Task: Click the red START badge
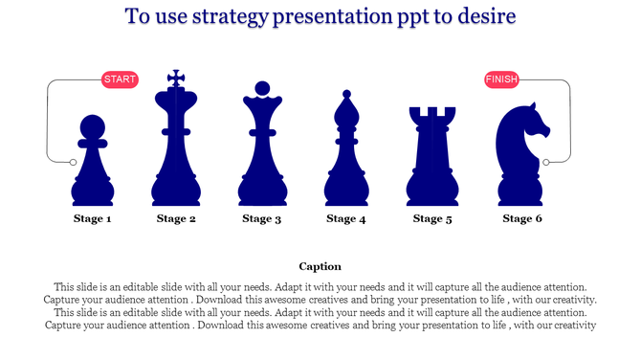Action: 120,79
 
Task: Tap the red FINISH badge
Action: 501,79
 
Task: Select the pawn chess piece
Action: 93,168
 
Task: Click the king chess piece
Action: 175,148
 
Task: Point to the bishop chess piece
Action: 345,158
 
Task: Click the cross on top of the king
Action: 175,78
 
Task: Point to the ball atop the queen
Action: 260,89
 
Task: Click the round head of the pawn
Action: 92,126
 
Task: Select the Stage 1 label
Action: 93,219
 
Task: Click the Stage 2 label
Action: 176,219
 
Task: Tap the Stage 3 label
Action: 261,219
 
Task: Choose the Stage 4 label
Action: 346,219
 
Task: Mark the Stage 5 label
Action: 433,219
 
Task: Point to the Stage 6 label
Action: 522,219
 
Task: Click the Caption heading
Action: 320,266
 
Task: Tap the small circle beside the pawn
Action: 74,162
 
